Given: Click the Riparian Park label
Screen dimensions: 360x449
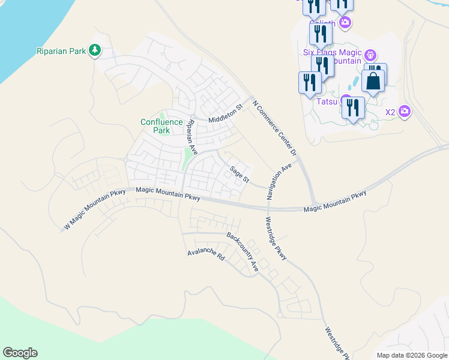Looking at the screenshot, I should coord(61,51).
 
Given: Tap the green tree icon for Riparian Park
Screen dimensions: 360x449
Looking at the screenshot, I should coord(94,50).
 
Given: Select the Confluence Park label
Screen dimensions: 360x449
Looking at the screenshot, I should coord(161,126).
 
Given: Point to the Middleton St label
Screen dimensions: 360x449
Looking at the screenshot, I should coord(225,112).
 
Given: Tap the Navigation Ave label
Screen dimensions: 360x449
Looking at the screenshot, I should coord(279,181).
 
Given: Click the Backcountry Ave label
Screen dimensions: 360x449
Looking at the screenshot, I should coord(243,251).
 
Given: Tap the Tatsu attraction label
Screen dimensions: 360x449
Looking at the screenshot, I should coord(327,101).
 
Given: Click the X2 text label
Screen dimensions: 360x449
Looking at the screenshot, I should coord(390,112).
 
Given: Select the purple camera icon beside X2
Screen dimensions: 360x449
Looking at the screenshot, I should coord(405,111).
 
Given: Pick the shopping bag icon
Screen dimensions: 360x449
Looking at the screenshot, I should coord(373,80).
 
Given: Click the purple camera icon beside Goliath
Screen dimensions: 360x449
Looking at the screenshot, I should coord(345,23).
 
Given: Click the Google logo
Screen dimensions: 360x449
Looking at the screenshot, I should coord(20,353).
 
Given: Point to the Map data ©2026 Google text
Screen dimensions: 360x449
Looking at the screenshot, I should coord(412,355).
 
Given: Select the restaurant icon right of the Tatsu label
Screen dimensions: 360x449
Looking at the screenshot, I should coord(354,108).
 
